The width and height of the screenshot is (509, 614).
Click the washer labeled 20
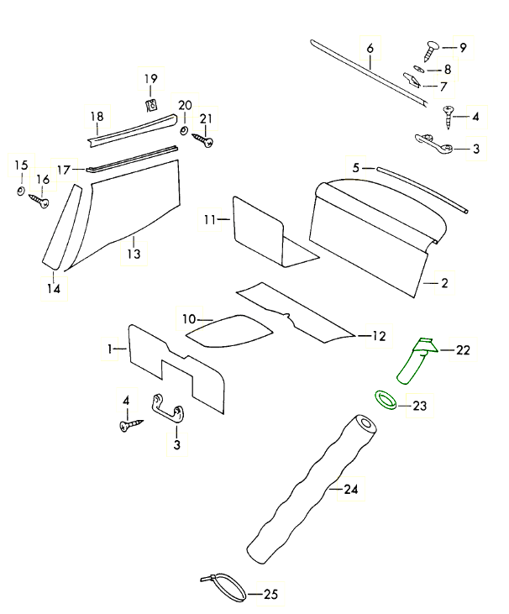[185, 131]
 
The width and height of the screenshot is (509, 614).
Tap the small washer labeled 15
[20, 192]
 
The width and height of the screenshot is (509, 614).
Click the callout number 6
[370, 48]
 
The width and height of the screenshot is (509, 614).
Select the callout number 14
[53, 288]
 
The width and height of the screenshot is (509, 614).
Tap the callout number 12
[379, 336]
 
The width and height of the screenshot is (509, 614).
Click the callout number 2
[444, 283]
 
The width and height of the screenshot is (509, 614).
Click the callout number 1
[110, 347]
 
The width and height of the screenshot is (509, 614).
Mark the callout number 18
[97, 117]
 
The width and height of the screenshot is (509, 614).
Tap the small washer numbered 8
[419, 69]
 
